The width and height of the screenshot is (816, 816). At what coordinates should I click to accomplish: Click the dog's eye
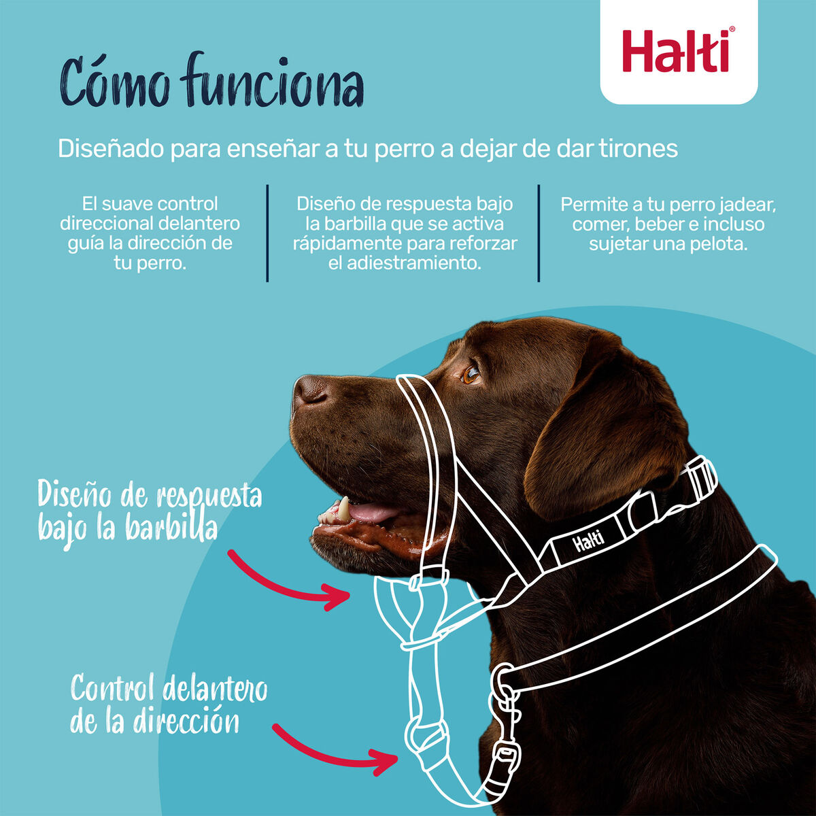coord(471,373)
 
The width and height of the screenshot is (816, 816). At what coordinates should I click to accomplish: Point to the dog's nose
coord(309,391)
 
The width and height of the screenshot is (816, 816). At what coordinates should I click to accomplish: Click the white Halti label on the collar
coord(588,543)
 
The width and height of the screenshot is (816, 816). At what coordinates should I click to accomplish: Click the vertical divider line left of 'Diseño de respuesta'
coord(267,233)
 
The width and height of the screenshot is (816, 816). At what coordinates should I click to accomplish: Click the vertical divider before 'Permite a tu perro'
coord(539,233)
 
